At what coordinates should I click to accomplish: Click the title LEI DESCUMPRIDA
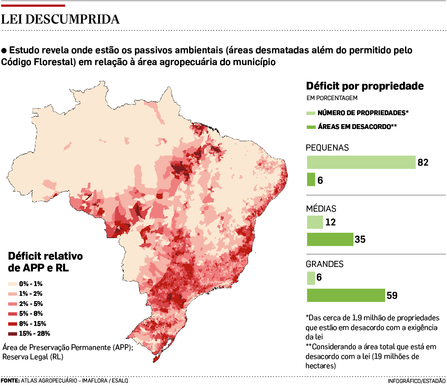tap(61, 20)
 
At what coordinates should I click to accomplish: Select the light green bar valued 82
tap(361, 162)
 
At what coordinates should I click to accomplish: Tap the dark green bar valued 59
tap(346, 295)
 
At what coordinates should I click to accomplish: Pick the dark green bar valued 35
tap(330, 239)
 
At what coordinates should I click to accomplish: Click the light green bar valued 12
tap(315, 222)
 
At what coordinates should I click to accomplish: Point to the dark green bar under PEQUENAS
tap(311, 179)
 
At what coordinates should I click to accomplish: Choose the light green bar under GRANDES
tap(311, 278)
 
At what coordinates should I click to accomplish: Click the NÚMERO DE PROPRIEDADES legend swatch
tap(310, 113)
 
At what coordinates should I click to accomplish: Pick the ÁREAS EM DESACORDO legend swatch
tap(310, 127)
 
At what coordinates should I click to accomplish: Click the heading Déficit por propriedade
tap(365, 86)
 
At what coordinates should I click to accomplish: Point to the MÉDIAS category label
tap(321, 209)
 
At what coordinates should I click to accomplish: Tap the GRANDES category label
tap(325, 264)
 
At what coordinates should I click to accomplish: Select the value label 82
tap(423, 162)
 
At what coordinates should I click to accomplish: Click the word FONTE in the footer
tap(9, 381)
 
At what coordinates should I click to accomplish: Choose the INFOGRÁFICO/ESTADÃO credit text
tap(416, 381)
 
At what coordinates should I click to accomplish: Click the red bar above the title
tap(33, 6)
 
